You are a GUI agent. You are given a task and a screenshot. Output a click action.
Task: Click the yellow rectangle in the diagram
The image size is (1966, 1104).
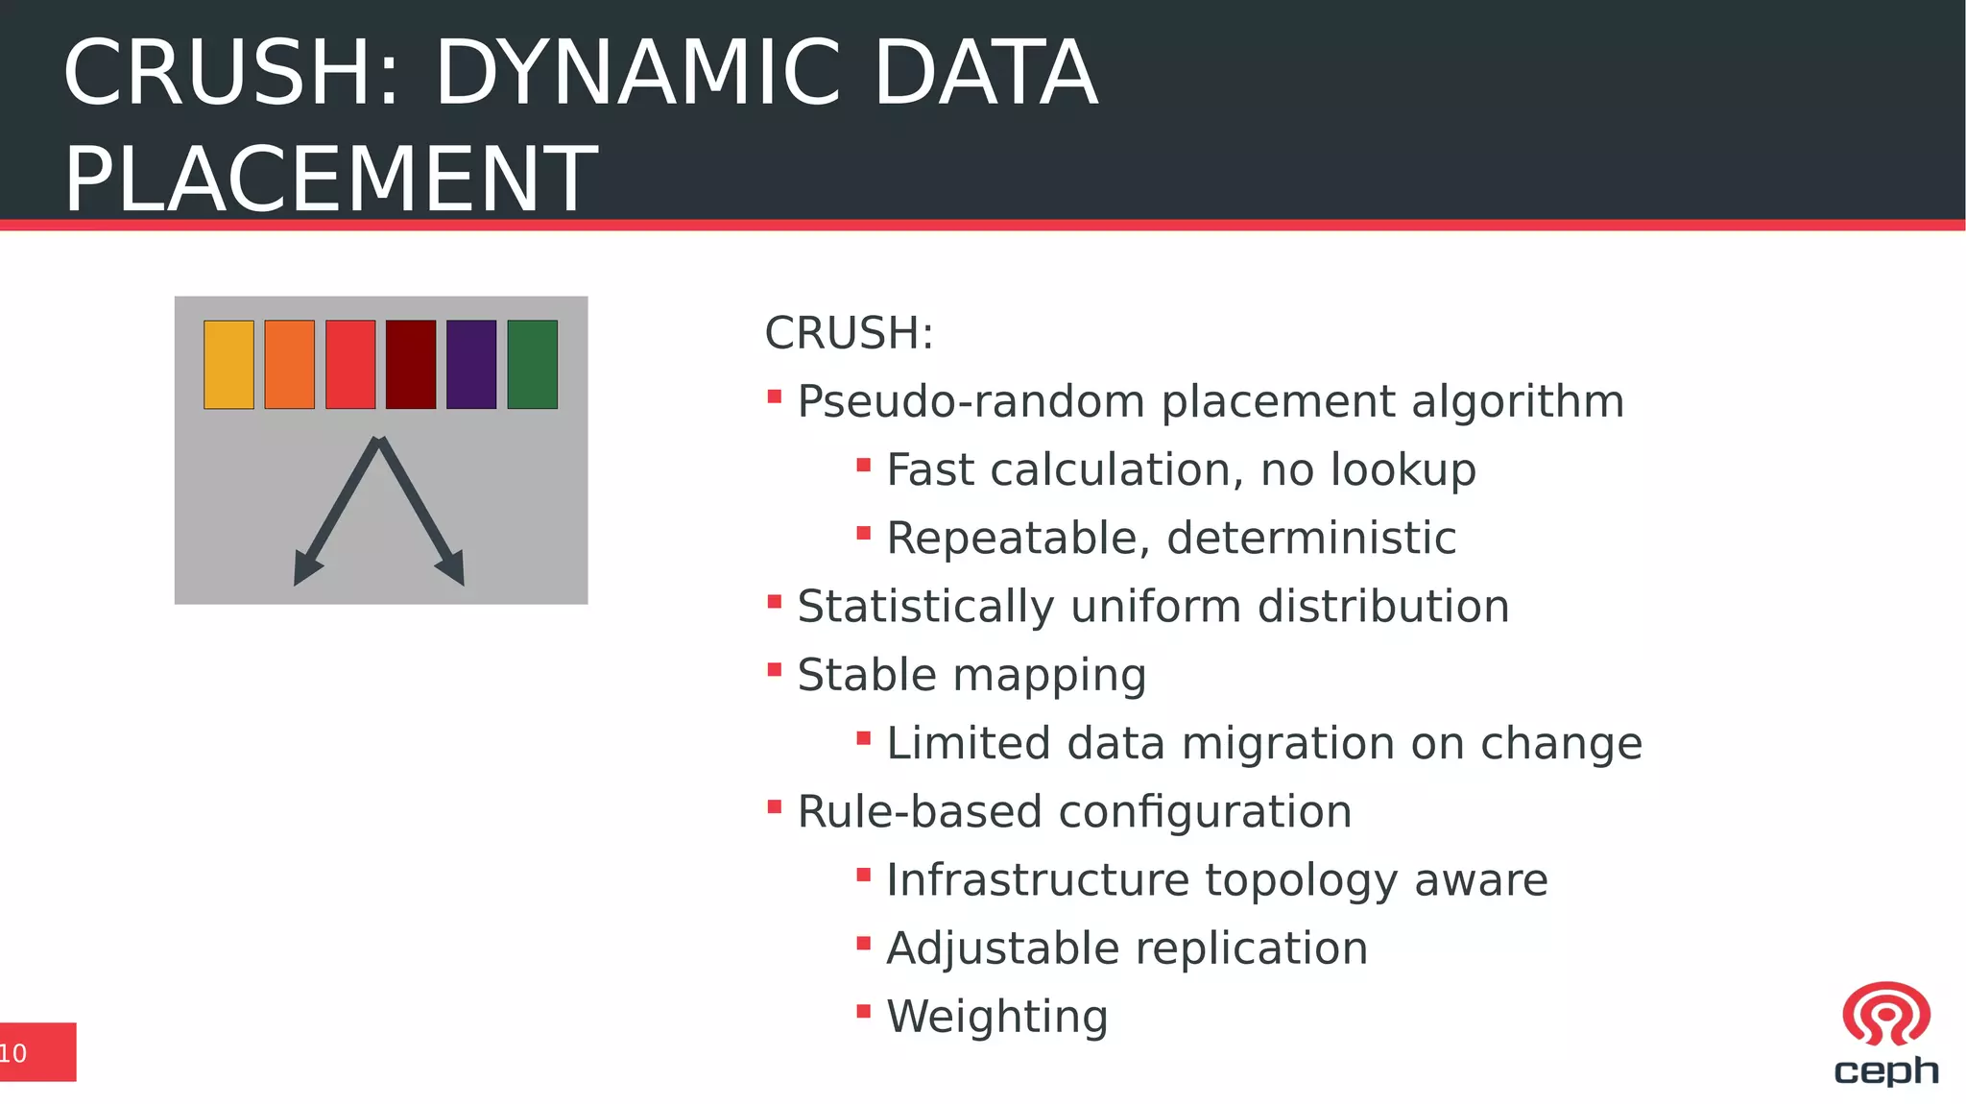point(228,365)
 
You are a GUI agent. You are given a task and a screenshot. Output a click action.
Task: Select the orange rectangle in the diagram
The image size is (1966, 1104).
point(289,365)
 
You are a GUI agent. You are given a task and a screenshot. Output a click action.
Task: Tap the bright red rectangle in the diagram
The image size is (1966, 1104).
point(350,365)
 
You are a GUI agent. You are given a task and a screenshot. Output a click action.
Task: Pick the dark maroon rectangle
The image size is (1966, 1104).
point(411,365)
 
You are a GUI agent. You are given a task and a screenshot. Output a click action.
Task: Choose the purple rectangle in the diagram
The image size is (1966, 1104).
point(471,365)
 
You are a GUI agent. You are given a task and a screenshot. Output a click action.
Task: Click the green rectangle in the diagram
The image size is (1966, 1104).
point(532,365)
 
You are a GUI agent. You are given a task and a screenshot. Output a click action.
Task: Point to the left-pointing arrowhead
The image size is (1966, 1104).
point(306,568)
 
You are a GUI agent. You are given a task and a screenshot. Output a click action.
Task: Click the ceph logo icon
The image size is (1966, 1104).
point(1885,1015)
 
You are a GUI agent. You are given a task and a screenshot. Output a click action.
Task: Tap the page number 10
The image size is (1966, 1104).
point(13,1053)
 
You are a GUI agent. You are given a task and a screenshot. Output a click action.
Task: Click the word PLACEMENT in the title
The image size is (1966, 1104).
point(330,179)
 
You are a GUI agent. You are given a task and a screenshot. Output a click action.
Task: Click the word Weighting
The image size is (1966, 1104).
point(996,1017)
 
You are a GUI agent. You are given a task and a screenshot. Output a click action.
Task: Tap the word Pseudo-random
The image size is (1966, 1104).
point(971,401)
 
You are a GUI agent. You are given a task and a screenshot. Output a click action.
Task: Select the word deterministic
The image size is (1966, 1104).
point(1311,538)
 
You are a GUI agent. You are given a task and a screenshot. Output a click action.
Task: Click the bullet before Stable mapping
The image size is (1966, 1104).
point(775,670)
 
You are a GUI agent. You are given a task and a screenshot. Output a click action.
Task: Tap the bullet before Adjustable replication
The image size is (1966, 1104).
point(863,944)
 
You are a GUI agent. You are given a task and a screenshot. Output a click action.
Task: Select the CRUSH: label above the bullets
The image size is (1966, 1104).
point(849,333)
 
